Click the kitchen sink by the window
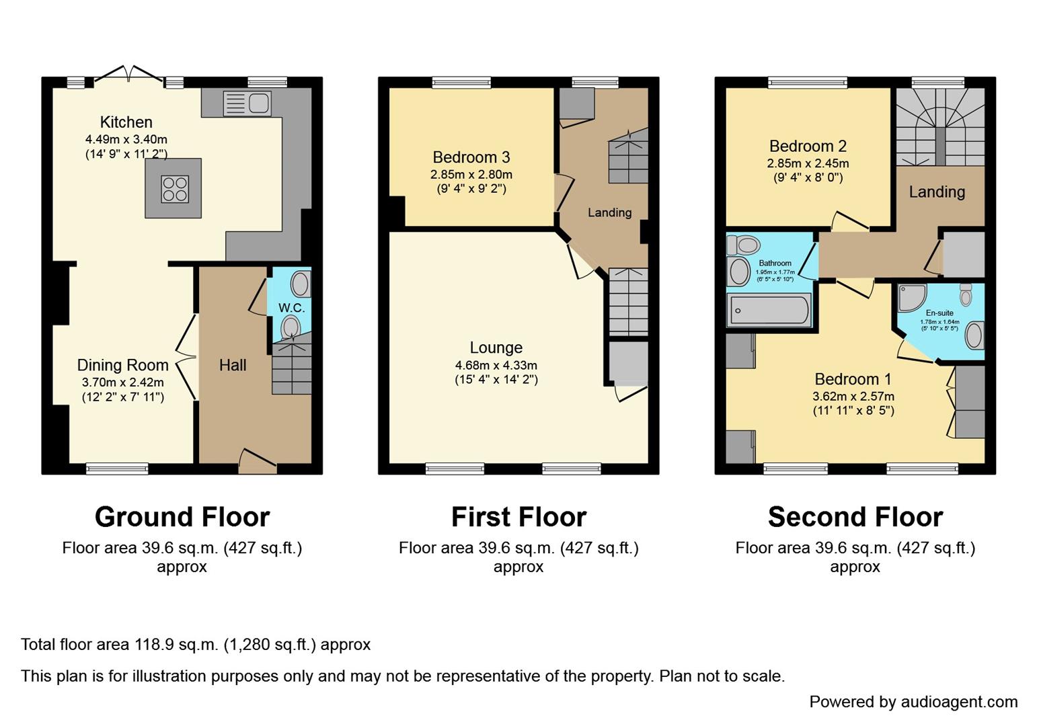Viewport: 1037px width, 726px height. [x=247, y=104]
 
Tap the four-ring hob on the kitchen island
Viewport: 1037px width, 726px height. [x=174, y=189]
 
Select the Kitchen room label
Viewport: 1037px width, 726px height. [x=126, y=122]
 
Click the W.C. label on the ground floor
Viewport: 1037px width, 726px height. [x=291, y=308]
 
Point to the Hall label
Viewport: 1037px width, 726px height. [x=233, y=365]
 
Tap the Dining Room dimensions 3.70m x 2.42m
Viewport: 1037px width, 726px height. [x=122, y=382]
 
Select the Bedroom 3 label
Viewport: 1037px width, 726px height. [x=471, y=157]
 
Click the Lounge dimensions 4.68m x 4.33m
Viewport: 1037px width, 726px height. [x=496, y=366]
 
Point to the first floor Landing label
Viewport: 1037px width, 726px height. [x=609, y=212]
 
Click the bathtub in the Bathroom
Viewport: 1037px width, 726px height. [x=769, y=311]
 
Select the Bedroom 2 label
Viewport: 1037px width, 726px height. [x=808, y=146]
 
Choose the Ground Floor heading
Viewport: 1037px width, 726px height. [x=182, y=517]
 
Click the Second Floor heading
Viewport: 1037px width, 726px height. [x=855, y=517]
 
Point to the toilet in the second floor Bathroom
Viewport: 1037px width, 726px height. [x=744, y=245]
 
